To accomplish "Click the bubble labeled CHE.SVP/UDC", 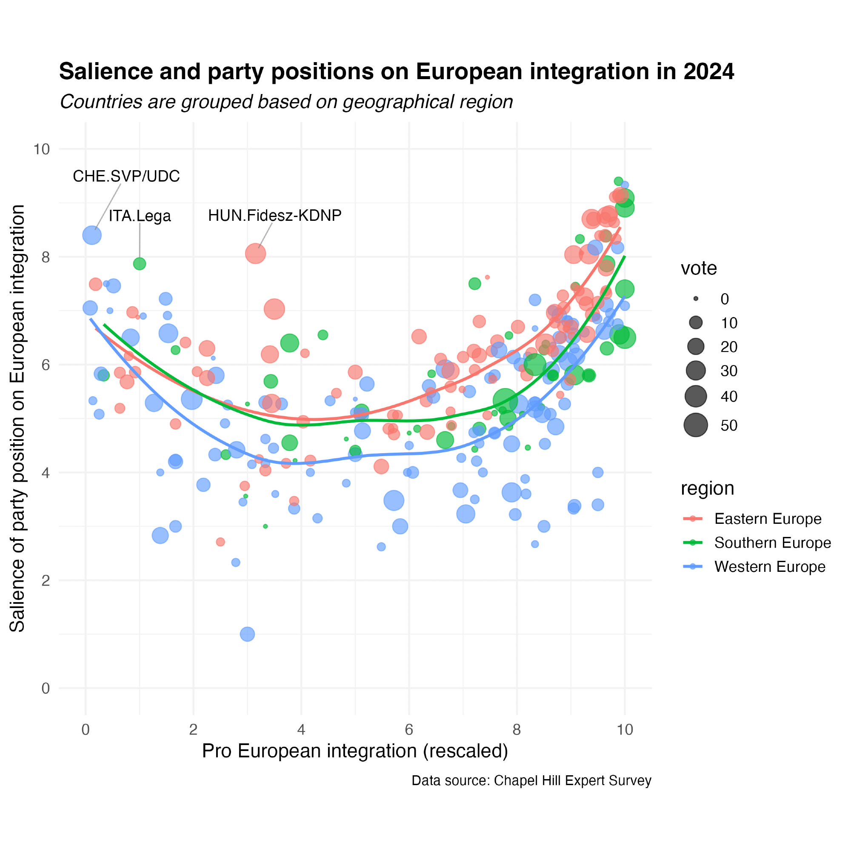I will point(91,235).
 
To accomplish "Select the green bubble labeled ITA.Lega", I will point(140,264).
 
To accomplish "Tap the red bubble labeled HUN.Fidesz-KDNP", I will point(255,253).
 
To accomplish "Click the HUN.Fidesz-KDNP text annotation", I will point(274,215).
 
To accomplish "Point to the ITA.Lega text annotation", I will point(140,216).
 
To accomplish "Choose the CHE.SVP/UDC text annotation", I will point(126,176).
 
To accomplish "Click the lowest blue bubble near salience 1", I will point(247,634).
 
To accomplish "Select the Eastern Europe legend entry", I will point(767,519).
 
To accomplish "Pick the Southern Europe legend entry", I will point(772,543).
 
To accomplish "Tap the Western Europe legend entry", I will point(769,566).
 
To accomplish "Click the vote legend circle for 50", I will point(696,425).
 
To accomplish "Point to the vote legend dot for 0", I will point(696,299).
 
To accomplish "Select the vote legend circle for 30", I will point(696,371).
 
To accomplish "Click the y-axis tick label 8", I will point(46,257).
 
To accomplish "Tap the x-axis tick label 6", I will point(409,730).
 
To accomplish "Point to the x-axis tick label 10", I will point(624,730).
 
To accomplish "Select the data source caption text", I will point(531,780).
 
